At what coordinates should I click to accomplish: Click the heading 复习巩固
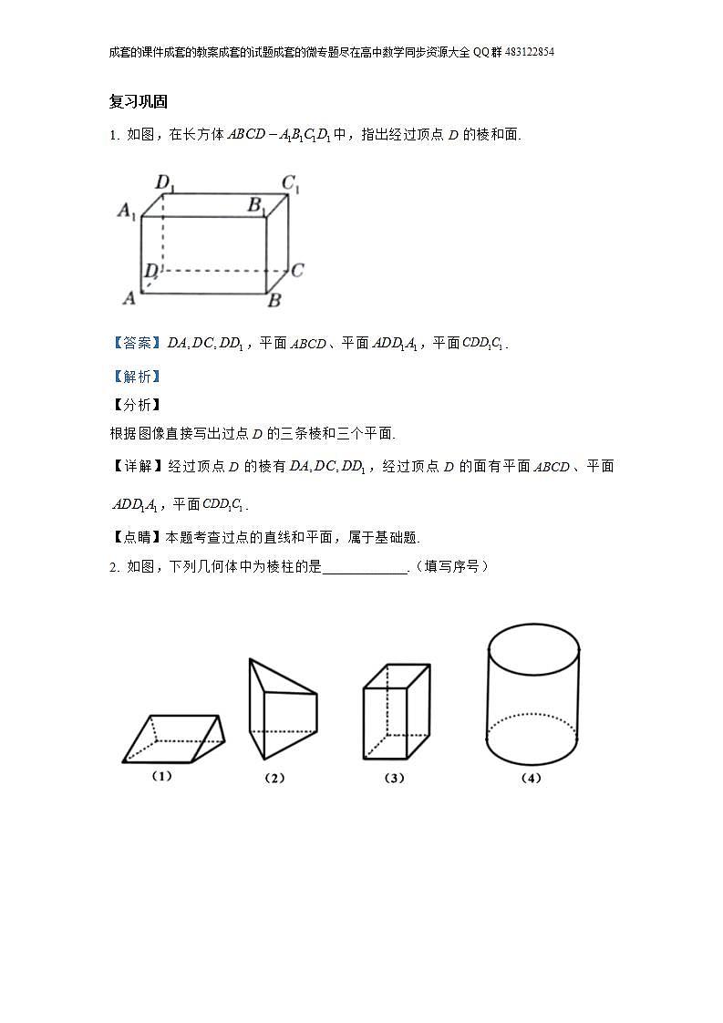click(138, 101)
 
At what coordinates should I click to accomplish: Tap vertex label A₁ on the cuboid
click(127, 212)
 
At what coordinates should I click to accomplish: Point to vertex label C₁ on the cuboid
click(291, 183)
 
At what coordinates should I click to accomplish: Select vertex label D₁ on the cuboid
click(165, 182)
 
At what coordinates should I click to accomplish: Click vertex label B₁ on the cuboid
click(256, 205)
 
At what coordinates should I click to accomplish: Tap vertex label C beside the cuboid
click(297, 270)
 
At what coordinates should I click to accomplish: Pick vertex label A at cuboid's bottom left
click(129, 297)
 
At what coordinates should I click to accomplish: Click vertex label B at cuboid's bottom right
click(274, 300)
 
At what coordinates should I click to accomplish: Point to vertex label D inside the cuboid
click(150, 271)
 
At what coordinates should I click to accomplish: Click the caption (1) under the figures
click(161, 776)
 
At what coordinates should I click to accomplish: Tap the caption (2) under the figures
click(274, 778)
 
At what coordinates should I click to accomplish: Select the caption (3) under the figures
click(394, 778)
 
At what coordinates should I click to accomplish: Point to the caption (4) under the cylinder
click(531, 778)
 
